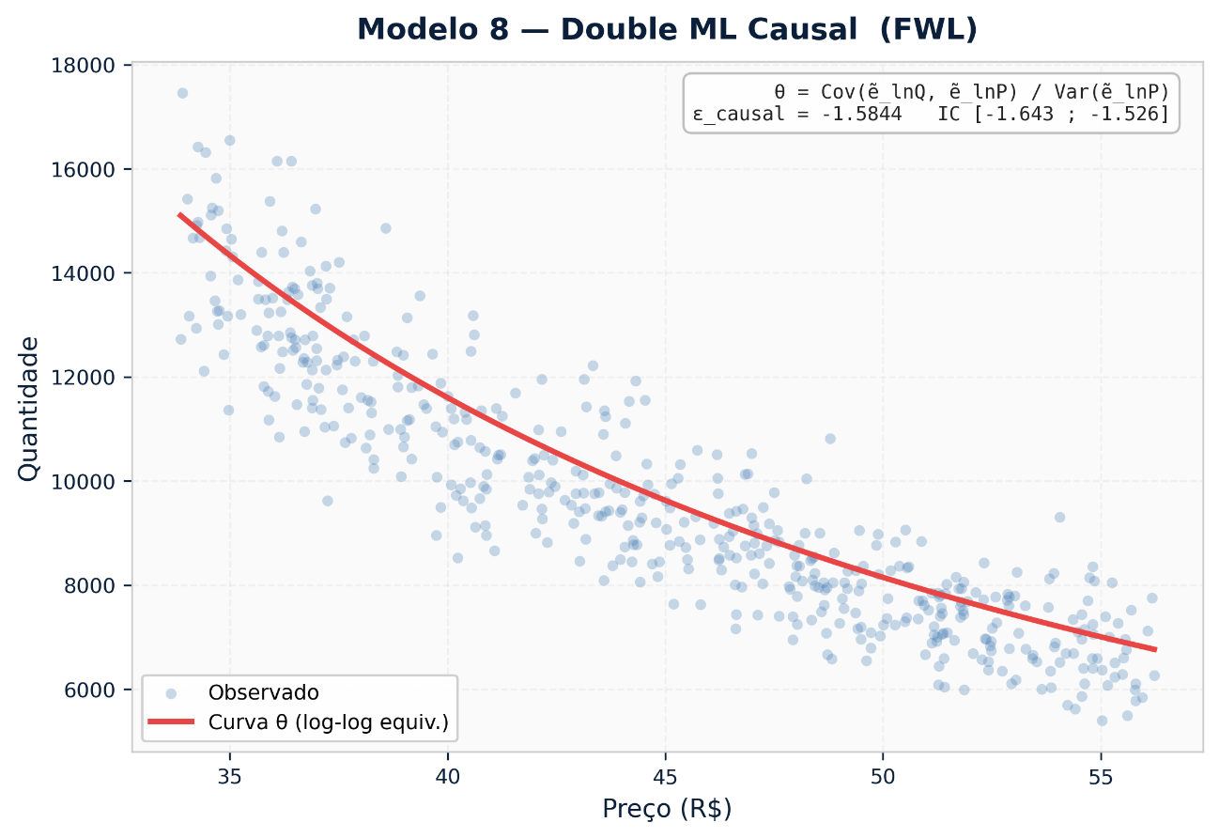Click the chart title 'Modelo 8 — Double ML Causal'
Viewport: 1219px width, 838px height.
667,30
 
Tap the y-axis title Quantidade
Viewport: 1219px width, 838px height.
29,409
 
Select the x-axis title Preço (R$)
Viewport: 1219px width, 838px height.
667,809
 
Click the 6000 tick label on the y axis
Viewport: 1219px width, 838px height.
95,690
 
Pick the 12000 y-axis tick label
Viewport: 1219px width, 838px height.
90,378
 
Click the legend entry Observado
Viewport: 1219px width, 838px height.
264,693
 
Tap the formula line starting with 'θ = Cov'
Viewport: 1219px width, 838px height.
971,92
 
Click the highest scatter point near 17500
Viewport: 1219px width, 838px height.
182,93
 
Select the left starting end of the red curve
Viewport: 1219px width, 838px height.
180,214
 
